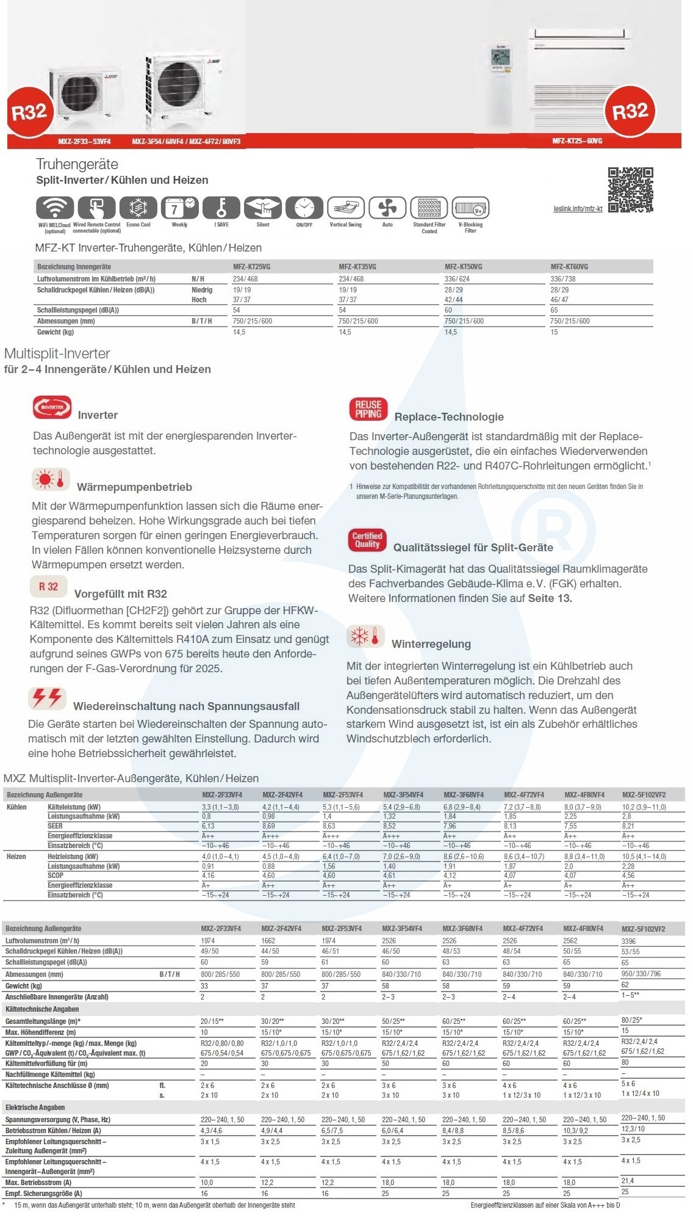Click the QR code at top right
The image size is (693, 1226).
tap(630, 190)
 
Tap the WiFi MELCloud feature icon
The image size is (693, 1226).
tap(55, 208)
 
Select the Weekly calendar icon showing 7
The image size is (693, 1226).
tap(179, 208)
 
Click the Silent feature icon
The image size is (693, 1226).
tap(262, 208)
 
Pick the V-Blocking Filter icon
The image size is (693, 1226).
tap(470, 208)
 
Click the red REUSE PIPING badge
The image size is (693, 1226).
tap(368, 409)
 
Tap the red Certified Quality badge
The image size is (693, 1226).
tap(367, 540)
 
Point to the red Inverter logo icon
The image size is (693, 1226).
tap(52, 407)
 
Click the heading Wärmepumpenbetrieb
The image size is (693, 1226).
tap(134, 487)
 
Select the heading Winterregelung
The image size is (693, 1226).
tap(431, 644)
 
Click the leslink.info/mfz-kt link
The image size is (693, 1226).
tap(578, 209)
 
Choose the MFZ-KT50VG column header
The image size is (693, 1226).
tap(463, 267)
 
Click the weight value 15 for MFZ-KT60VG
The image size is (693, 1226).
tap(554, 332)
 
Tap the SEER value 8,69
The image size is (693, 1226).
tap(268, 826)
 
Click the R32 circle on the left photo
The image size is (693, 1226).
tap(29, 112)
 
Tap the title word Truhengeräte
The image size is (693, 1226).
tap(77, 164)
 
